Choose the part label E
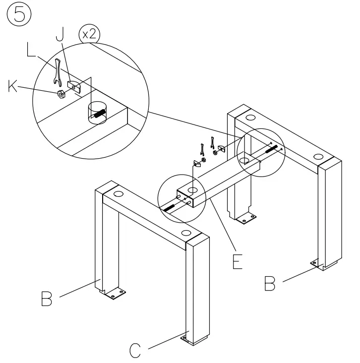click(x=238, y=261)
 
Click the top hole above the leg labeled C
click(x=185, y=233)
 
